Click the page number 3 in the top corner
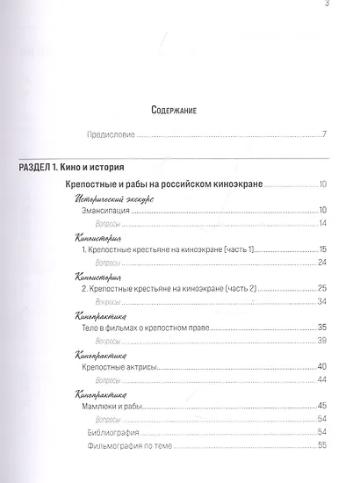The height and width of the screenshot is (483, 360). click(x=327, y=7)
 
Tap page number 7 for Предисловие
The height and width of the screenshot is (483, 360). click(x=323, y=134)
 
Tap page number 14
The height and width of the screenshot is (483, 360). click(x=321, y=224)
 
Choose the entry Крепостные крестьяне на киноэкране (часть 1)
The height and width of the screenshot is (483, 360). click(x=166, y=250)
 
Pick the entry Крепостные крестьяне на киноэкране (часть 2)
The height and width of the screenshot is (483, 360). click(x=167, y=289)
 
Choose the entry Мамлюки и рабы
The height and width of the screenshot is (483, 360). click(x=112, y=406)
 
